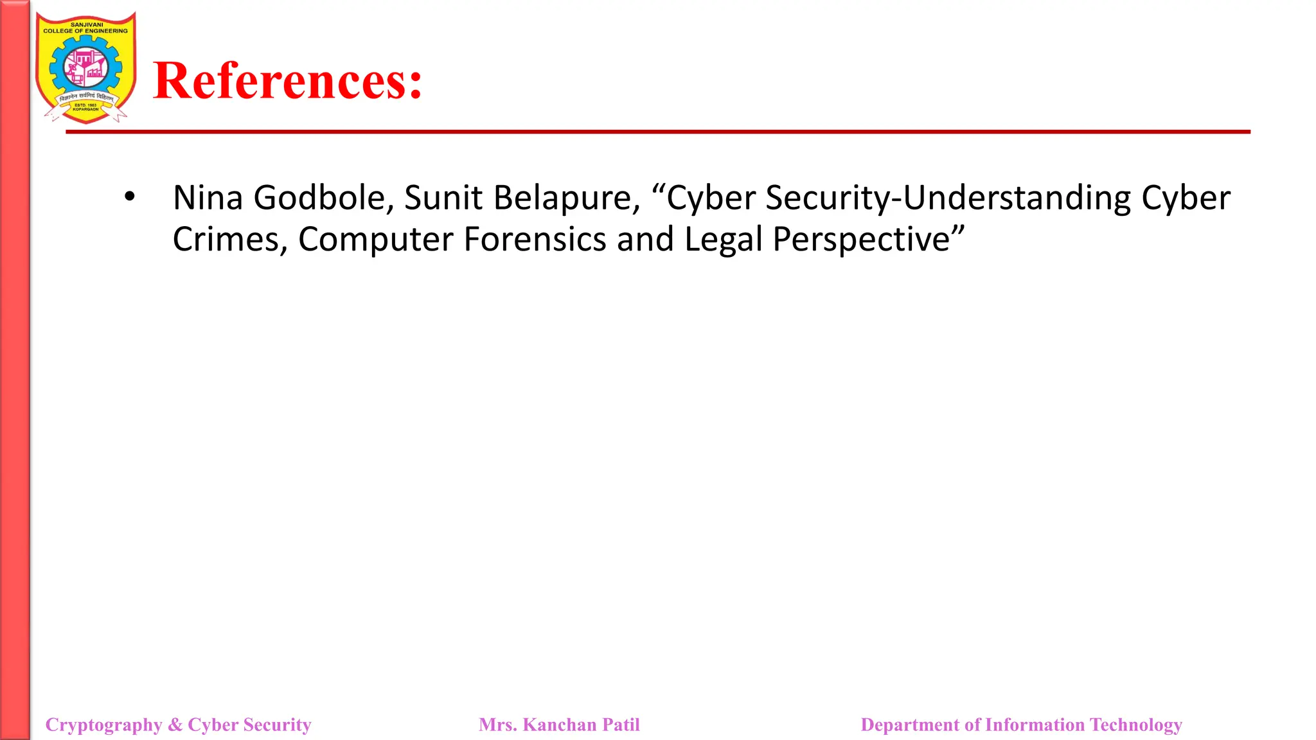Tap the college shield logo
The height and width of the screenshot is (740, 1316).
(85, 67)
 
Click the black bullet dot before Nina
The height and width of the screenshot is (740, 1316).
(130, 196)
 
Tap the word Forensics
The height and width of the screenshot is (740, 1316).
(535, 239)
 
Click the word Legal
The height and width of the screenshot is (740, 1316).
(723, 239)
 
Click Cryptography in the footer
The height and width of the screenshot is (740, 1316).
(103, 725)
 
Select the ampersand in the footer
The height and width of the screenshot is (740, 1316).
(175, 725)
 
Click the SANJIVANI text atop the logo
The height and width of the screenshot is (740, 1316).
(86, 24)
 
